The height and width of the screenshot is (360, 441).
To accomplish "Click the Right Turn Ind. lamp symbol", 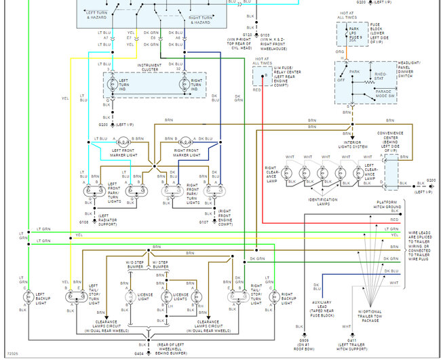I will click(x=183, y=85).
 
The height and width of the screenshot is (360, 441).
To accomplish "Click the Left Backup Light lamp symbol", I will click(x=28, y=296).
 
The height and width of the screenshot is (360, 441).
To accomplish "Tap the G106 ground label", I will click(x=83, y=221).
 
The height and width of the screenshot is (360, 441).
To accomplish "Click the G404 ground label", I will click(x=140, y=353).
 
